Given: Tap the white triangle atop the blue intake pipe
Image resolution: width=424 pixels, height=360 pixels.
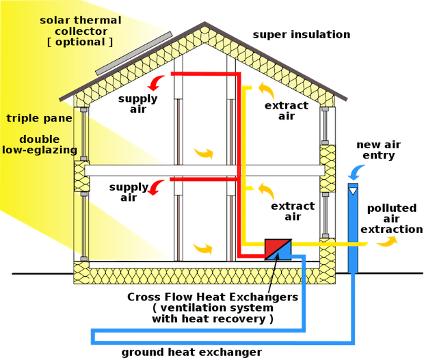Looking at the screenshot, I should [x=353, y=190].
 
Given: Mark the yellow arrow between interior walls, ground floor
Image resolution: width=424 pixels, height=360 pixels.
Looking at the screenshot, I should [x=202, y=247].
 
